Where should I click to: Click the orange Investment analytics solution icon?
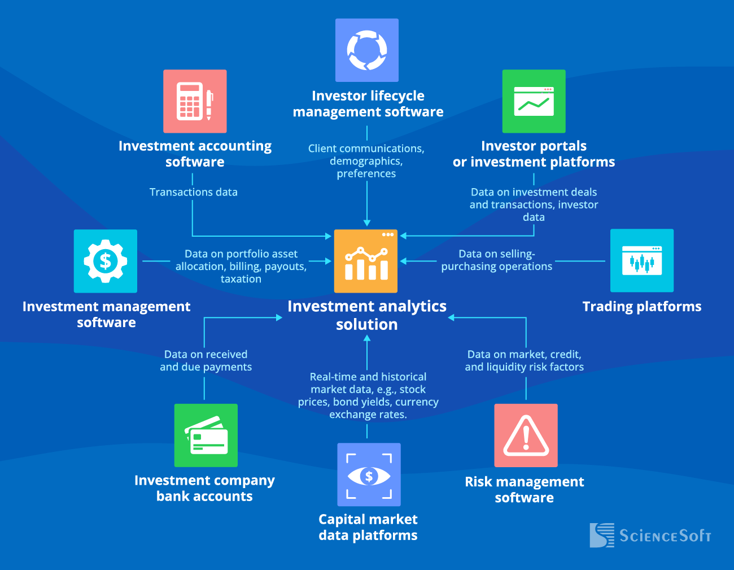pyautogui.click(x=366, y=261)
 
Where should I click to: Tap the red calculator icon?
pyautogui.click(x=195, y=101)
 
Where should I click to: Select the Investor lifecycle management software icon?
pyautogui.click(x=367, y=50)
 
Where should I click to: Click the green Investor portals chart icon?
pyautogui.click(x=534, y=101)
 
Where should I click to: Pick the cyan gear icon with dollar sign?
pyautogui.click(x=106, y=261)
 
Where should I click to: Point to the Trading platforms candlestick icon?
pyautogui.click(x=642, y=260)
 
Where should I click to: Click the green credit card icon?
pyautogui.click(x=206, y=435)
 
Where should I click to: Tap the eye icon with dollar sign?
pyautogui.click(x=369, y=475)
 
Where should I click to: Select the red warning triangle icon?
pyautogui.click(x=526, y=435)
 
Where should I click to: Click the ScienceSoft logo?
pyautogui.click(x=650, y=535)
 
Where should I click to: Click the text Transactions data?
pyautogui.click(x=194, y=192)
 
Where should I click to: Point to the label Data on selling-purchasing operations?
pyautogui.click(x=497, y=260)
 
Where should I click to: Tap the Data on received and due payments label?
pyautogui.click(x=206, y=360)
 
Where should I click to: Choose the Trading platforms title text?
pyautogui.click(x=642, y=307)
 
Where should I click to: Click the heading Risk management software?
pyautogui.click(x=525, y=489)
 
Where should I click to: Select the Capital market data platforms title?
pyautogui.click(x=368, y=527)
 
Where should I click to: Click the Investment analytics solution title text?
pyautogui.click(x=367, y=315)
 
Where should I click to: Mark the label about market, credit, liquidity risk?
pyautogui.click(x=525, y=360)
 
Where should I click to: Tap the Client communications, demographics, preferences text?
pyautogui.click(x=366, y=161)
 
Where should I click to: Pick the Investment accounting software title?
pyautogui.click(x=195, y=154)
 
